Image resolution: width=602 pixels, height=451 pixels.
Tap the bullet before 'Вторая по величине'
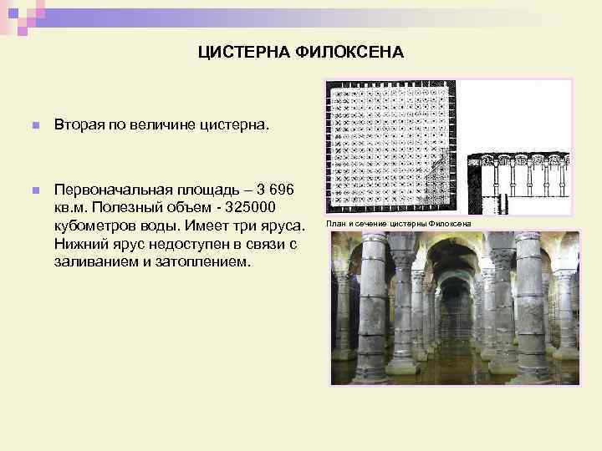(34, 126)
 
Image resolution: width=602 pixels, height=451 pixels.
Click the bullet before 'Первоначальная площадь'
(34, 191)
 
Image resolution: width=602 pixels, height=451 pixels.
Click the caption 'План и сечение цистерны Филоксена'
(399, 224)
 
